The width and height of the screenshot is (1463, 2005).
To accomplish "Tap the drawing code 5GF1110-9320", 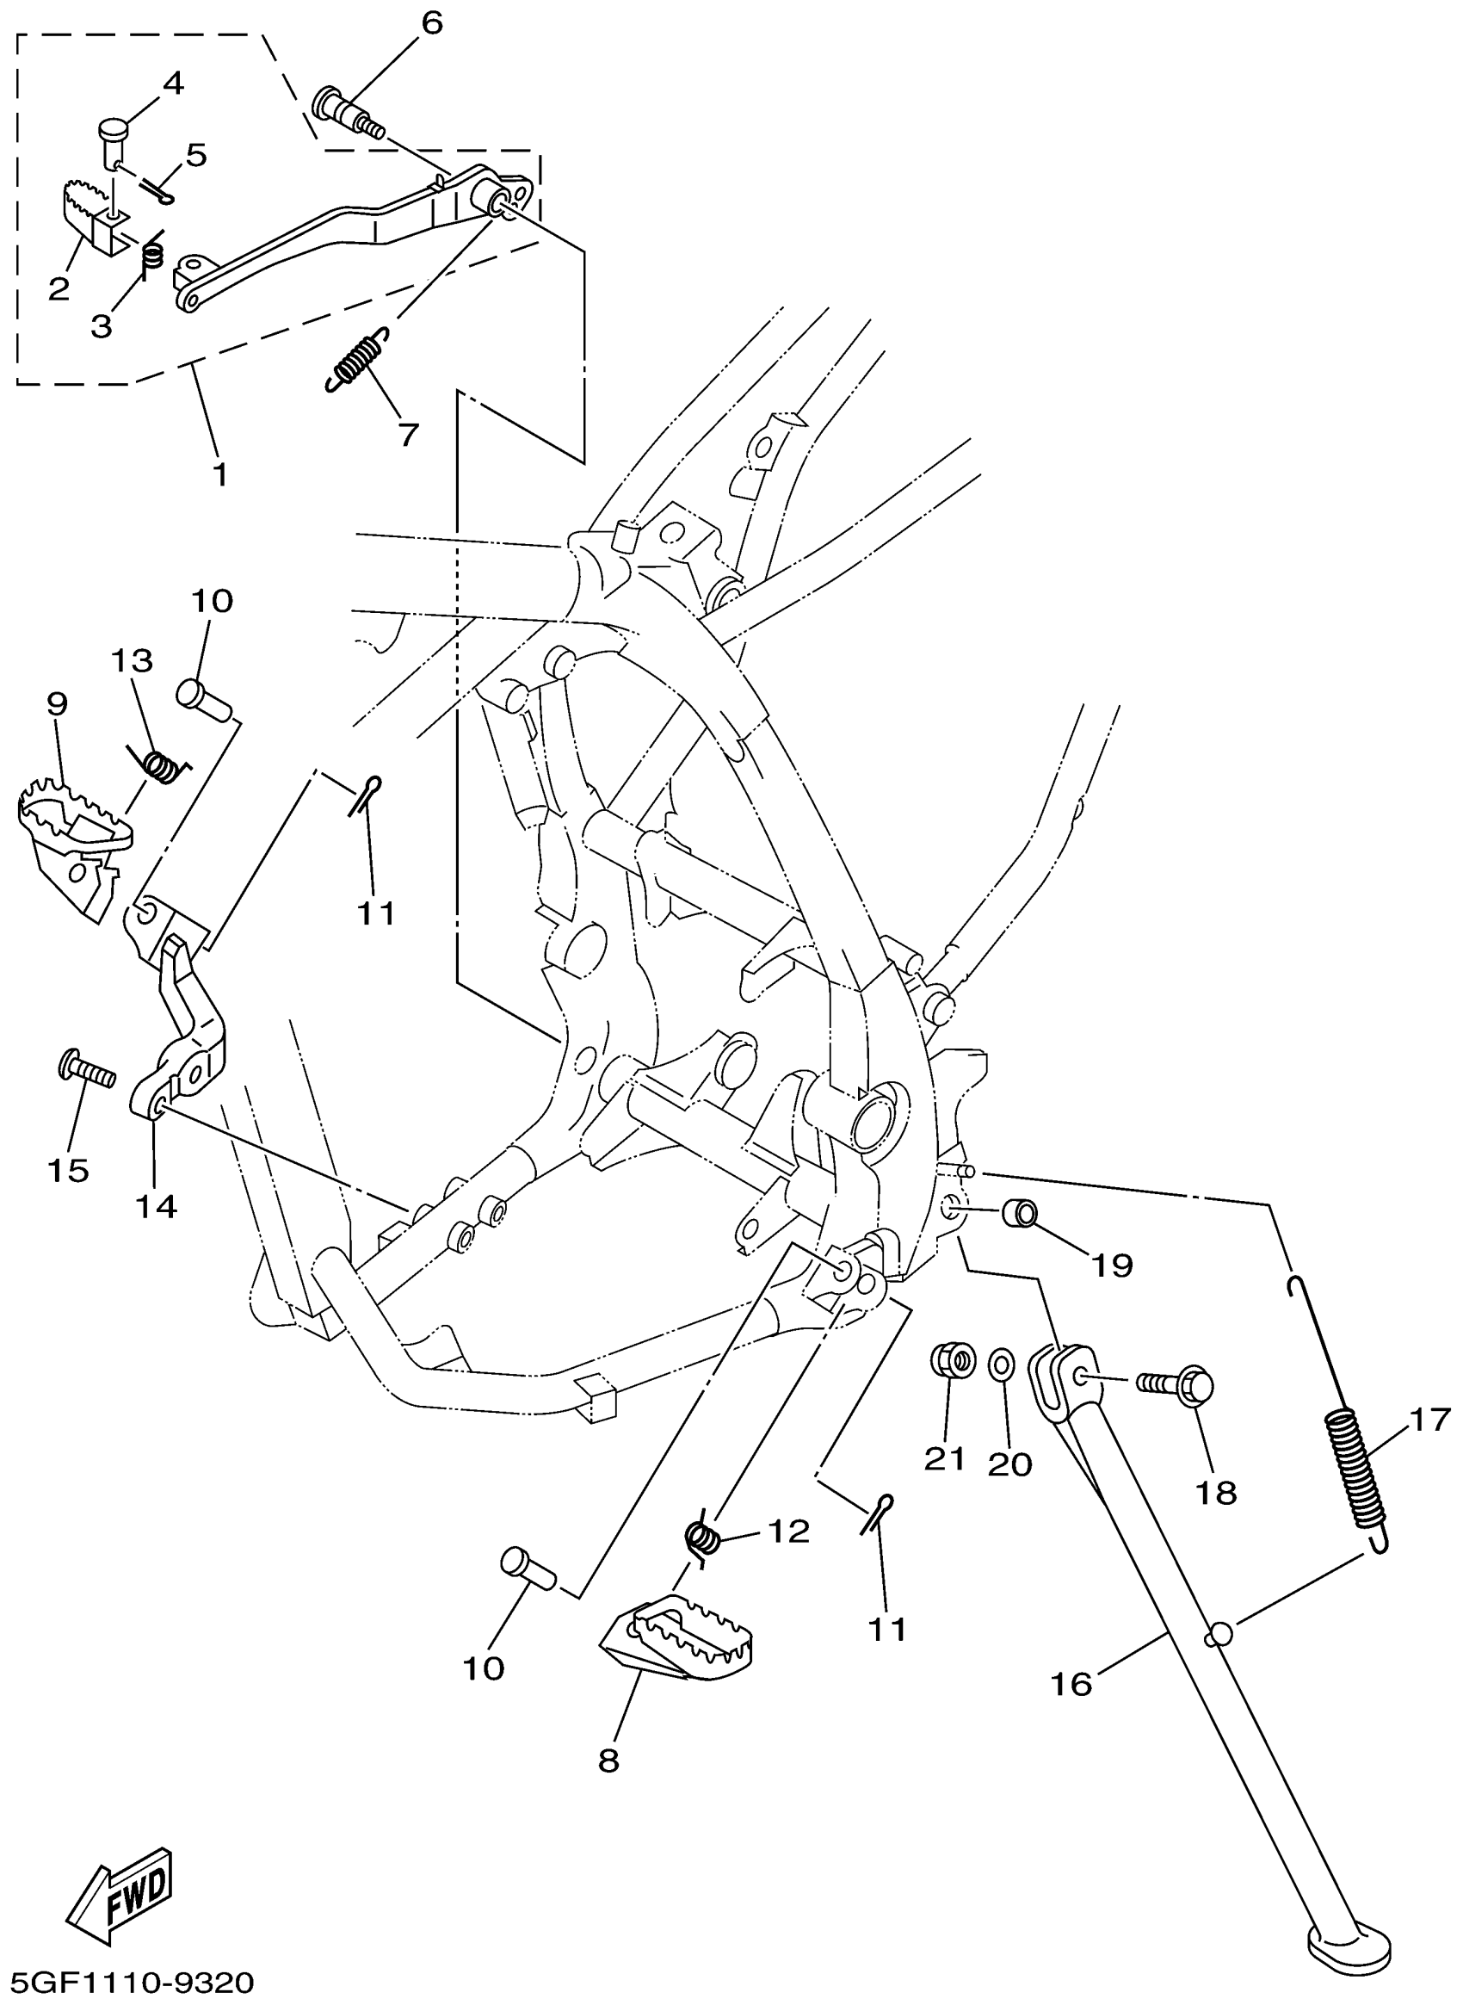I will coord(129,1981).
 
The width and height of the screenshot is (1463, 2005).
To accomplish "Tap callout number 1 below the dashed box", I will coord(219,474).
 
